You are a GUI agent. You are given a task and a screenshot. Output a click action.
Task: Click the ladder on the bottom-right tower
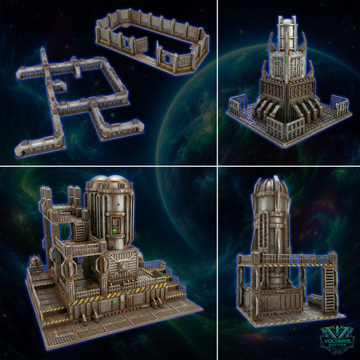pos(328,280)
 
